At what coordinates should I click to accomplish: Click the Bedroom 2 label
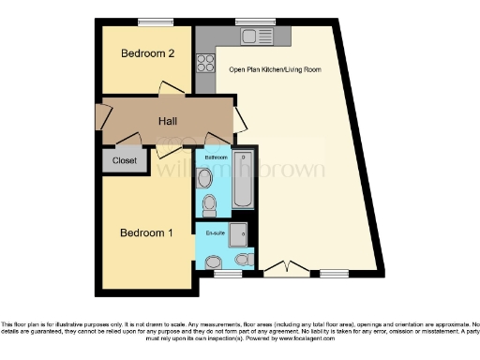coord(148,53)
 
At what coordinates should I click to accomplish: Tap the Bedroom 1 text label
coord(145,232)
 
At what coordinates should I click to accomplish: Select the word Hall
coord(168,121)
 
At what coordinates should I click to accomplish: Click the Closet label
coord(124,161)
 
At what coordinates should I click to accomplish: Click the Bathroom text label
coord(215,158)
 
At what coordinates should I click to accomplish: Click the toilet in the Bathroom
coord(210,203)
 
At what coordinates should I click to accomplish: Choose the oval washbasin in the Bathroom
coord(207,176)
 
